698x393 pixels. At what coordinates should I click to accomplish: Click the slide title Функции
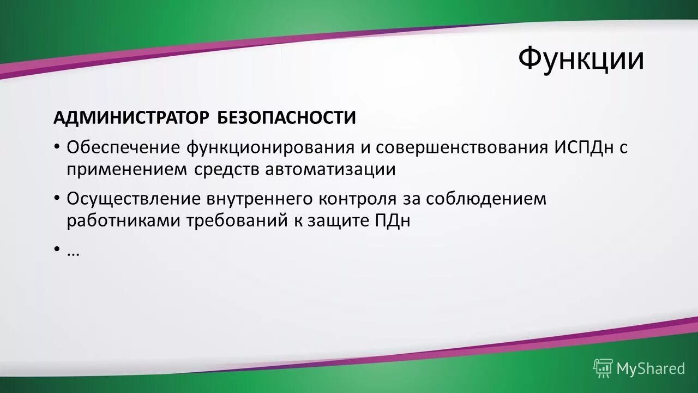580,59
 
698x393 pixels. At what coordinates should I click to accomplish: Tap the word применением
126,170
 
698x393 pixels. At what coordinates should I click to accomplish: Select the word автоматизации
330,170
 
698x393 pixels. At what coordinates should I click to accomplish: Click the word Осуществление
134,199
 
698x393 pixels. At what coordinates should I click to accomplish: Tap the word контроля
358,199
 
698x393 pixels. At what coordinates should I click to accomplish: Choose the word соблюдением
485,199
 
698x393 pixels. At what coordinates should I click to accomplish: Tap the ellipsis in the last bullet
73,252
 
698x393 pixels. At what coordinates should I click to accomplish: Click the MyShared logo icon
603,368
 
